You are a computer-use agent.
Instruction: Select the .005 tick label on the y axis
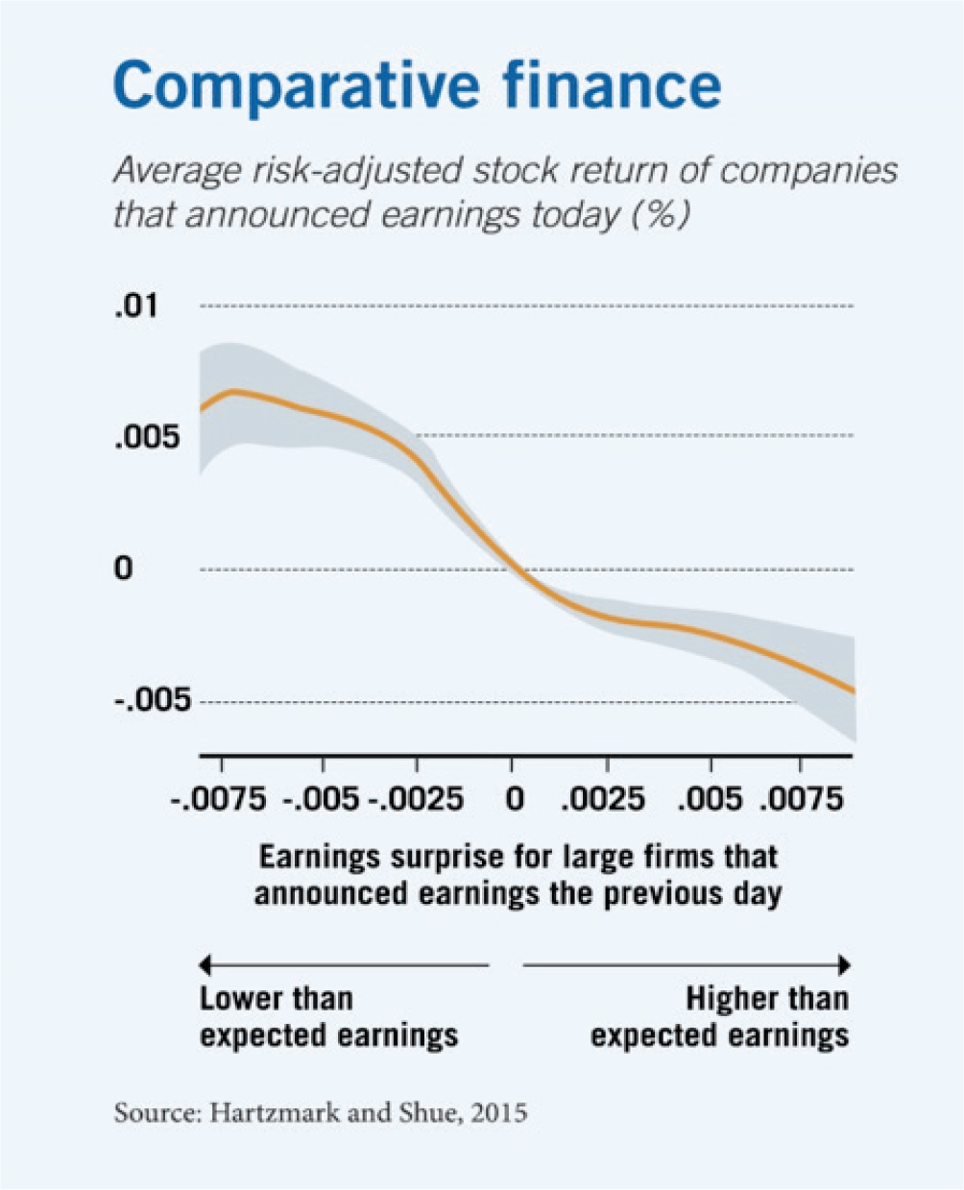147,437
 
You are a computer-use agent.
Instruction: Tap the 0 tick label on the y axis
124,569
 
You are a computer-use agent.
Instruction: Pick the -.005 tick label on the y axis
154,700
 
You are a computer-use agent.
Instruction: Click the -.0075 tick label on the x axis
220,799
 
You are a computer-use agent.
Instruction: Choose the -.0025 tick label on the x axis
416,799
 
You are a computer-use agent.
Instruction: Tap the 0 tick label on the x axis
515,799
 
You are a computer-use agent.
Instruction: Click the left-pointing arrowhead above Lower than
205,963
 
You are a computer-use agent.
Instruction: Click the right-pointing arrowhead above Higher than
844,963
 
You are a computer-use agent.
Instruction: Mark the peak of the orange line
231,391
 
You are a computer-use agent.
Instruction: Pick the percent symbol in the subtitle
661,212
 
